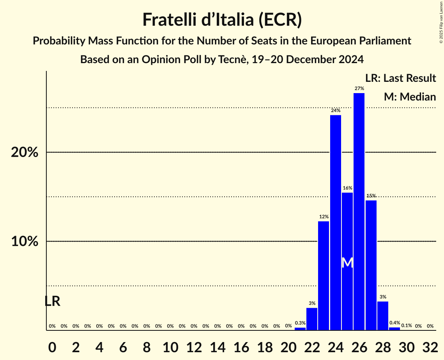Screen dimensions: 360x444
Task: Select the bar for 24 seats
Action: point(335,222)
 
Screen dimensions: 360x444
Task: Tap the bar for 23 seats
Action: point(324,275)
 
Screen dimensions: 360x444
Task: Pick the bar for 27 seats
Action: point(371,265)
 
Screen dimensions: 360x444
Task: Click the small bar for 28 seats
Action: point(383,316)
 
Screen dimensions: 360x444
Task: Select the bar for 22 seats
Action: point(312,319)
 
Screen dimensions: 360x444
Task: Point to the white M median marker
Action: point(347,263)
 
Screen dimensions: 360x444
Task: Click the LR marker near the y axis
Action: point(52,301)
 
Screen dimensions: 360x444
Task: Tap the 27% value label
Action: point(359,88)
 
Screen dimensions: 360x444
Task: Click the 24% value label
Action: point(335,111)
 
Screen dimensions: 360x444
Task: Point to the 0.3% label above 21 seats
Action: point(300,323)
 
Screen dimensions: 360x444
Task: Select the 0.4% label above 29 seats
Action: point(394,323)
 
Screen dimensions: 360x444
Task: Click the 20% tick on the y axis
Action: point(25,152)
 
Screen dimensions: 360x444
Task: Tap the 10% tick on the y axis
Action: point(25,242)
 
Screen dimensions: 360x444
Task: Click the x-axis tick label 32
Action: point(430,346)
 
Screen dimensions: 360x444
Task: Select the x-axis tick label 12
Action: point(194,346)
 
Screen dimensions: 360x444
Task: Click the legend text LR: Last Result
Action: point(400,78)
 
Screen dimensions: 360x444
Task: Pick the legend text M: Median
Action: point(409,97)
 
